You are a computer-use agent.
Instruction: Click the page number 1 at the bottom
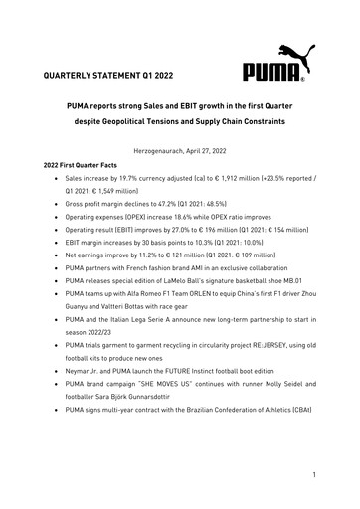313,476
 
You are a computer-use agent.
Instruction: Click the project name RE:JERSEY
252,366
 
